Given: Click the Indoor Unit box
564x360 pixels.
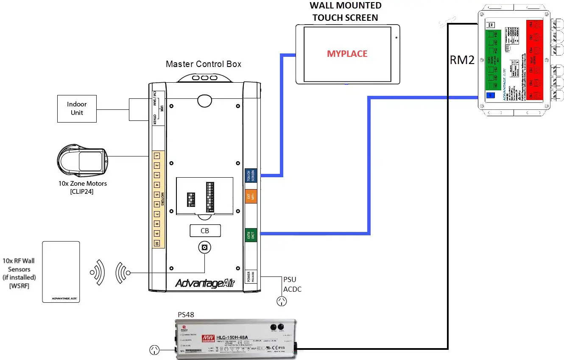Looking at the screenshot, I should tap(77, 109).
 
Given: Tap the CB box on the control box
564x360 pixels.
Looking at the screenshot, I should tap(205, 231).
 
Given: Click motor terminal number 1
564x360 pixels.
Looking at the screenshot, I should tap(156, 156).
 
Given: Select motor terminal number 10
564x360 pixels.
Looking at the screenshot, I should tap(156, 244).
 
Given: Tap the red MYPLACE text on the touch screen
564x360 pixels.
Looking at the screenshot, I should tap(347, 54).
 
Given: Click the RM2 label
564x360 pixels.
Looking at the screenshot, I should tap(462, 60).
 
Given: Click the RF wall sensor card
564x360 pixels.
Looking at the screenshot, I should tap(61, 272).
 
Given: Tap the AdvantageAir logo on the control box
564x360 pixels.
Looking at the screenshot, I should tap(205, 283).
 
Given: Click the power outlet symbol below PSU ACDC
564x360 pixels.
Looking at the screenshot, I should tap(281, 301).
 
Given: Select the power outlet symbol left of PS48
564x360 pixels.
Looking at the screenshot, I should tap(155, 350).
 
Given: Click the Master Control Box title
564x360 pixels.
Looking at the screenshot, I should tap(204, 64).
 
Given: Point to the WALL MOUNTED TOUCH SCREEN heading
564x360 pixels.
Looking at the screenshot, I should tap(345, 11).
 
